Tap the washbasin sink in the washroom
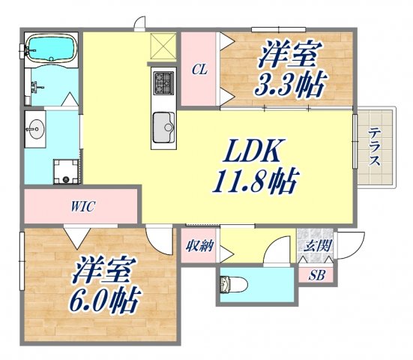[34, 130]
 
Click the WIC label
[82, 205]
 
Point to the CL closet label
[199, 70]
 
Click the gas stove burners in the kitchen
[163, 80]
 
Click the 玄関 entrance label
[313, 245]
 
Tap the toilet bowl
[232, 286]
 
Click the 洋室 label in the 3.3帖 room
[290, 54]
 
